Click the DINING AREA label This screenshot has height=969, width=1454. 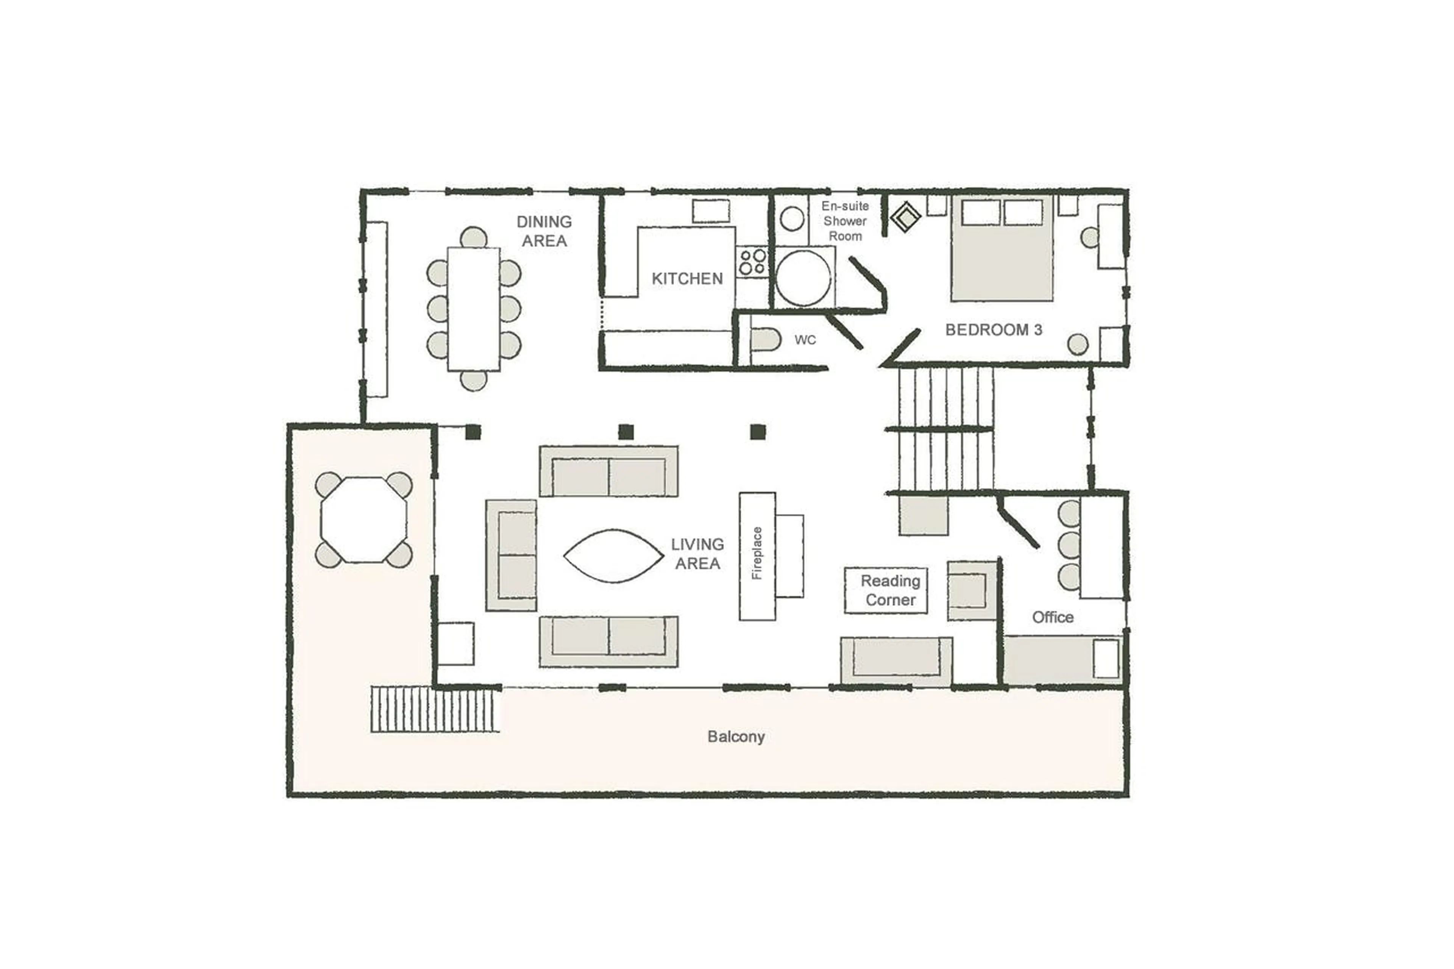[x=544, y=231]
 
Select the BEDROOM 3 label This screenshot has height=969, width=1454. [x=993, y=330]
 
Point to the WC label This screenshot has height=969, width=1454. [x=805, y=340]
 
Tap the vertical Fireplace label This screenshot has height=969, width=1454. [x=757, y=553]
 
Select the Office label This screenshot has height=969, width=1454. [x=1052, y=617]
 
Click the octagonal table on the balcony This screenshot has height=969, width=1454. [x=364, y=520]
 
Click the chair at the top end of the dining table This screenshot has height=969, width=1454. [x=473, y=238]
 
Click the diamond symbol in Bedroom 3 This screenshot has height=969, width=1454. [x=906, y=217]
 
